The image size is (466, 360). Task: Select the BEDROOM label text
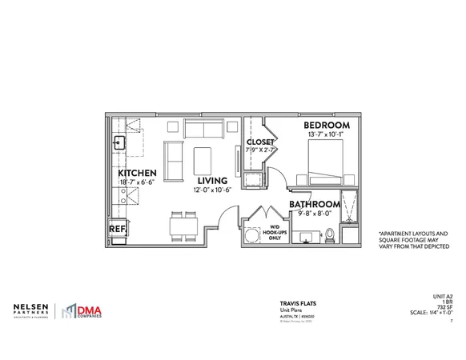[326, 126]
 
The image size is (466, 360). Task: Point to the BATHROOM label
[315, 204]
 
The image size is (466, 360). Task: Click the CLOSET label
[260, 141]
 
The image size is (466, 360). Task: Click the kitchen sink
[118, 144]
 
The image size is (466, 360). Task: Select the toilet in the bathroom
[328, 234]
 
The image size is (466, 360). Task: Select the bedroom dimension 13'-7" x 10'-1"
[326, 136]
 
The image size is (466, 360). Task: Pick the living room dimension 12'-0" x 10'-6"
[211, 190]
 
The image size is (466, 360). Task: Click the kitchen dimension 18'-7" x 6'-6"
[135, 182]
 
